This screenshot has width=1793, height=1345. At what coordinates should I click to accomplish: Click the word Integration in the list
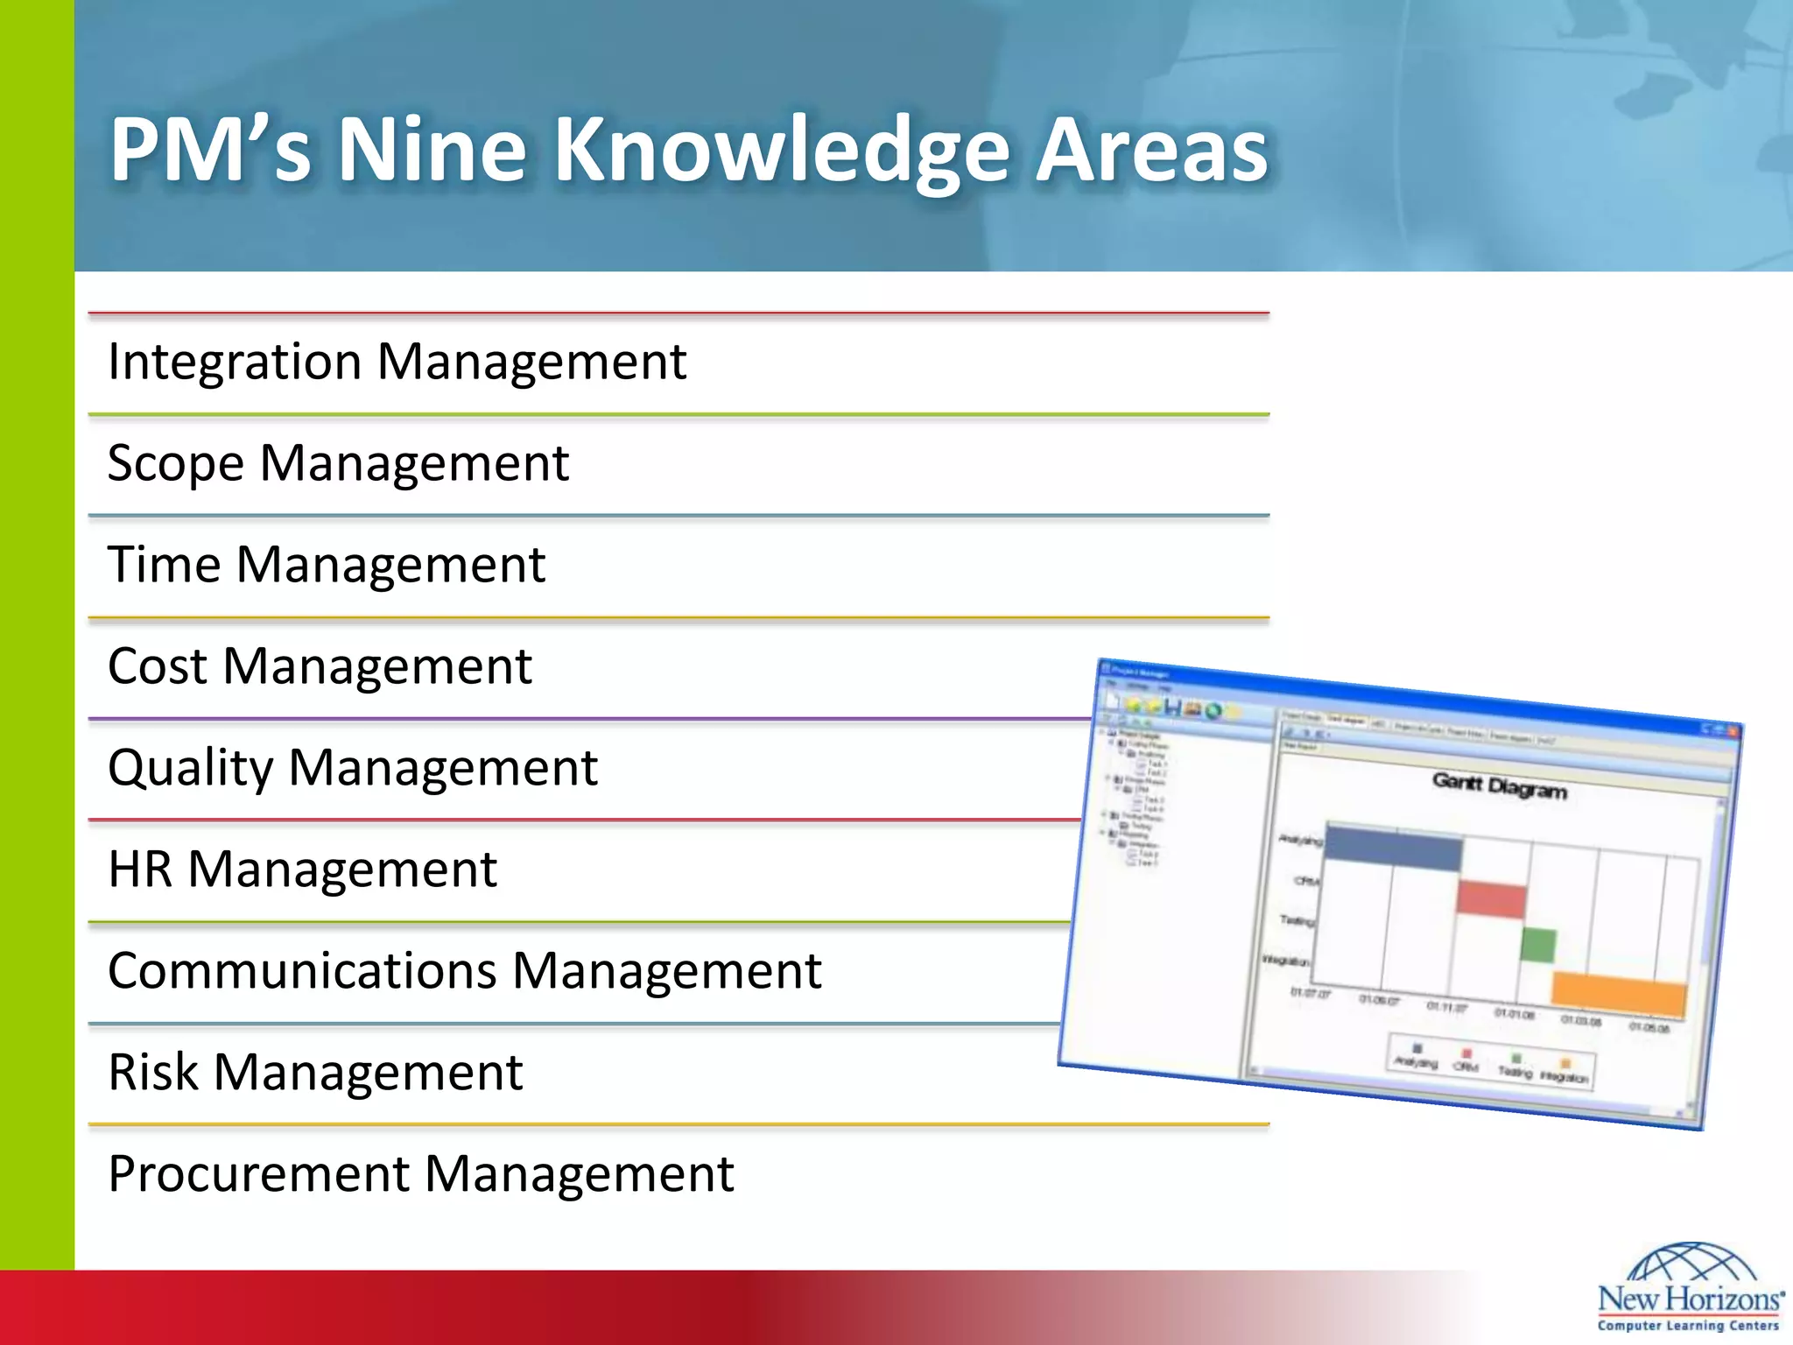234,362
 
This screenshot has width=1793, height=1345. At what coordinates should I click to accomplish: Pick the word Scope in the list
174,464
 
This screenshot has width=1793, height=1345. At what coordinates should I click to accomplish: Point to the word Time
164,564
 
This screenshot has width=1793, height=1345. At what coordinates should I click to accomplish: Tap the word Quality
190,769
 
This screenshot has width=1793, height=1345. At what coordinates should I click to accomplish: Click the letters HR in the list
139,870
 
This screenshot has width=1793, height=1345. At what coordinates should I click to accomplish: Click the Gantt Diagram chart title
1499,785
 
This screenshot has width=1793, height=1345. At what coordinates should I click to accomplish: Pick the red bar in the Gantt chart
1492,899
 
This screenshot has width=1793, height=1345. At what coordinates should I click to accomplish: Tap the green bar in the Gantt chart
1537,946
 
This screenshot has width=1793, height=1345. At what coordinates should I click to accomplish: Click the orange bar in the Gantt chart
1618,994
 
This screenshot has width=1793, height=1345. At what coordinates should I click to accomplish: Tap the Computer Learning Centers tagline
1688,1326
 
